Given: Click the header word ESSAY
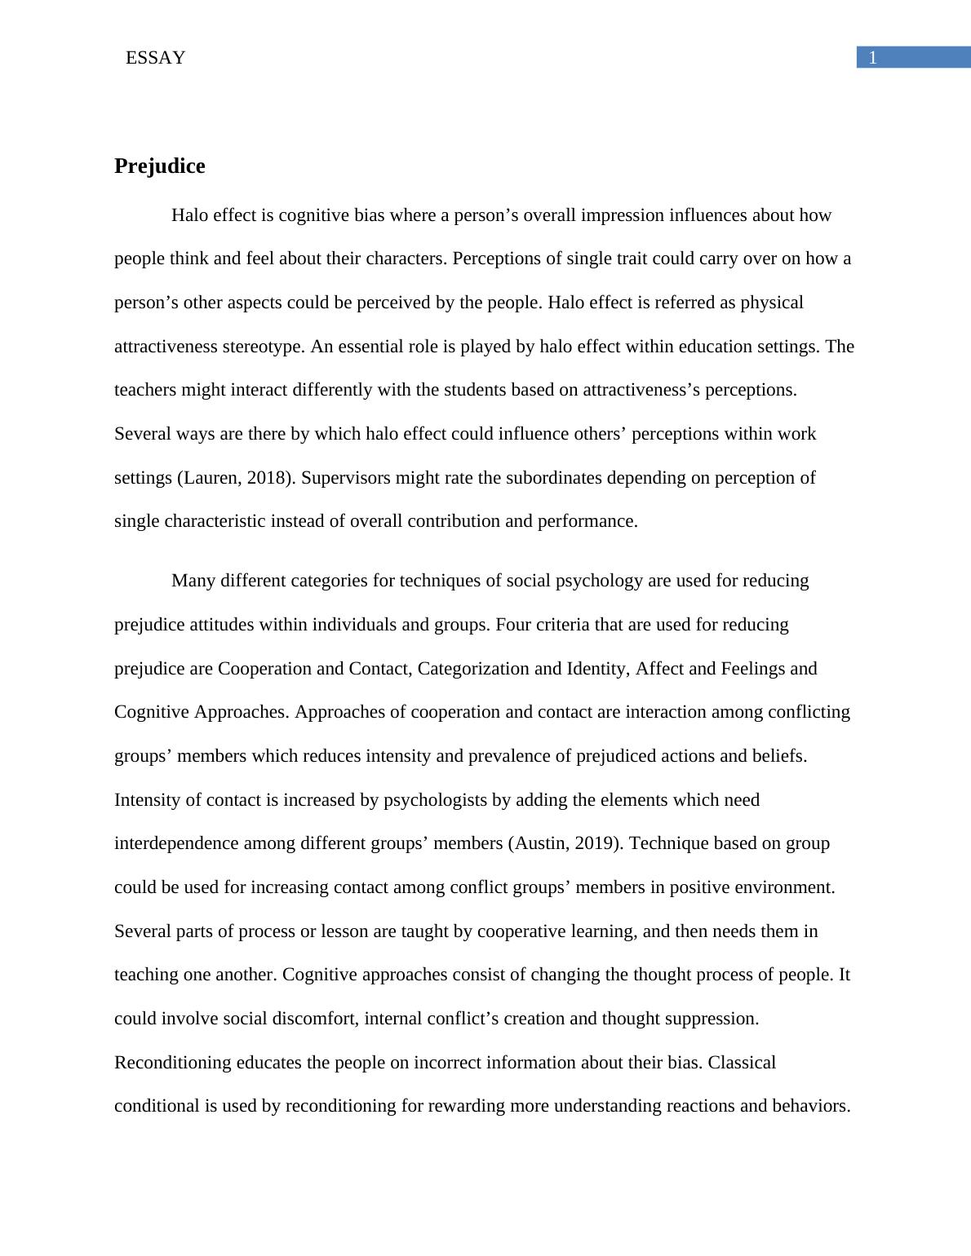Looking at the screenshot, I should click(x=155, y=58).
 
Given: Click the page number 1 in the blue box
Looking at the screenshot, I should click(x=873, y=58).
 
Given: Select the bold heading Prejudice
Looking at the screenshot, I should click(x=160, y=166).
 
